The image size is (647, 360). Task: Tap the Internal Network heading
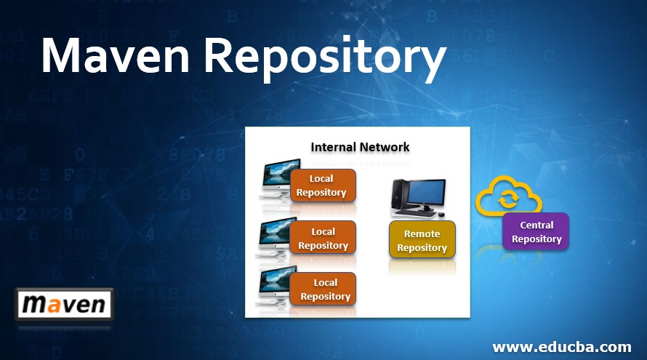(x=360, y=147)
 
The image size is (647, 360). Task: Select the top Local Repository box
(x=322, y=185)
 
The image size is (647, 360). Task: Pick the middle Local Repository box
(x=323, y=239)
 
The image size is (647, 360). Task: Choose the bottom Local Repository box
(x=324, y=289)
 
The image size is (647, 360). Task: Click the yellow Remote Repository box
(x=422, y=241)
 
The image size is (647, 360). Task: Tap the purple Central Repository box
(x=537, y=232)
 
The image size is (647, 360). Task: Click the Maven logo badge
(x=64, y=305)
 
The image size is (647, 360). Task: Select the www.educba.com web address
(x=561, y=346)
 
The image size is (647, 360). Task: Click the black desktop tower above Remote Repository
(x=397, y=194)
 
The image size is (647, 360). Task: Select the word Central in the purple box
(x=537, y=225)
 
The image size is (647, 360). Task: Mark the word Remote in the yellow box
(x=422, y=233)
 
